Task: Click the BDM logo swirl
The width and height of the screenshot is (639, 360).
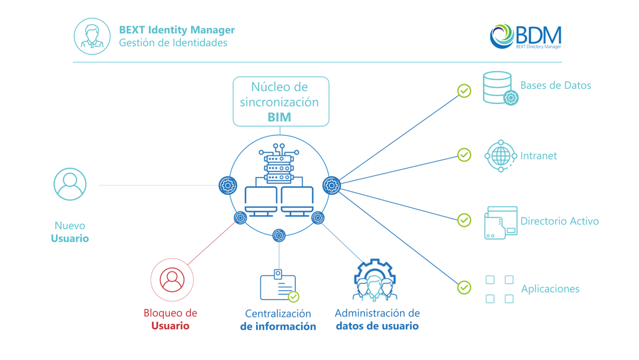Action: [x=501, y=36]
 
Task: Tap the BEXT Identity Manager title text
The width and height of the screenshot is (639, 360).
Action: [x=176, y=30]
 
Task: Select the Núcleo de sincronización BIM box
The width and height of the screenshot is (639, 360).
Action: [x=280, y=101]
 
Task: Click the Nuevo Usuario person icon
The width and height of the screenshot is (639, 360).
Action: [x=70, y=184]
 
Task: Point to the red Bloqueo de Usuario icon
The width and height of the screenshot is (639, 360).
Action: [x=172, y=279]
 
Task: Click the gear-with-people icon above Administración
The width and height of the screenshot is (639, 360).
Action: [x=374, y=280]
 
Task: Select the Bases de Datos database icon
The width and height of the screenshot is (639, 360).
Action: [x=499, y=88]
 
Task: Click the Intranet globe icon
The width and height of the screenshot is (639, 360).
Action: [x=501, y=156]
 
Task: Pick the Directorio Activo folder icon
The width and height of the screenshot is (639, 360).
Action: [x=501, y=223]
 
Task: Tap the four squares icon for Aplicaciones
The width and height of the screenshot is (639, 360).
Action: [x=499, y=289]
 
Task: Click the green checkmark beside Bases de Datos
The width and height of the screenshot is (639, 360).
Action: [x=464, y=91]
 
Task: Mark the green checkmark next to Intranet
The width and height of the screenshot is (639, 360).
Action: [x=464, y=155]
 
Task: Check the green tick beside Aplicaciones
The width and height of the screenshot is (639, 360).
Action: [x=464, y=287]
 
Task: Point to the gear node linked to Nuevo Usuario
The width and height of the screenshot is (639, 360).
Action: [x=228, y=185]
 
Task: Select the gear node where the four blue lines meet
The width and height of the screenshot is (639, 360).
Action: [x=331, y=185]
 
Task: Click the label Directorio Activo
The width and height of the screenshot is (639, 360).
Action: [x=559, y=221]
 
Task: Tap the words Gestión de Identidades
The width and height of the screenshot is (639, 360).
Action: [x=173, y=43]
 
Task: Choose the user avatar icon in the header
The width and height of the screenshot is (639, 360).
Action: [x=92, y=36]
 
